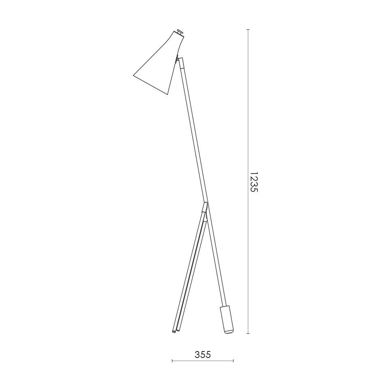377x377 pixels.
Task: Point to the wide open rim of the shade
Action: coord(150,85)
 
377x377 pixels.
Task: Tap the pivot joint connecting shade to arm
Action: coord(177,59)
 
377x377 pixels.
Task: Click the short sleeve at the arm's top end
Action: coord(182,63)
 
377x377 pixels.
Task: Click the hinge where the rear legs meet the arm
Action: coord(205,208)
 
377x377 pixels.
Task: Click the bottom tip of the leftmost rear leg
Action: coord(174,332)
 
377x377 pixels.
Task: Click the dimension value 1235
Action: coord(253,182)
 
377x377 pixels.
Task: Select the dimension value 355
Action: coord(203,355)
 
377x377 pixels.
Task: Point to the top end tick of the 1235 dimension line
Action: coord(248,30)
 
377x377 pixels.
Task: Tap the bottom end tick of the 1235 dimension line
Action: coord(248,334)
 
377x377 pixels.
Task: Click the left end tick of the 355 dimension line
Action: coord(172,360)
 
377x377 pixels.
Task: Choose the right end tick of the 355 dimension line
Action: coord(233,360)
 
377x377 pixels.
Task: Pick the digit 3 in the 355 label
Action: coord(197,355)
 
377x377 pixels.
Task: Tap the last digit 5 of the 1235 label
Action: coord(253,190)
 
